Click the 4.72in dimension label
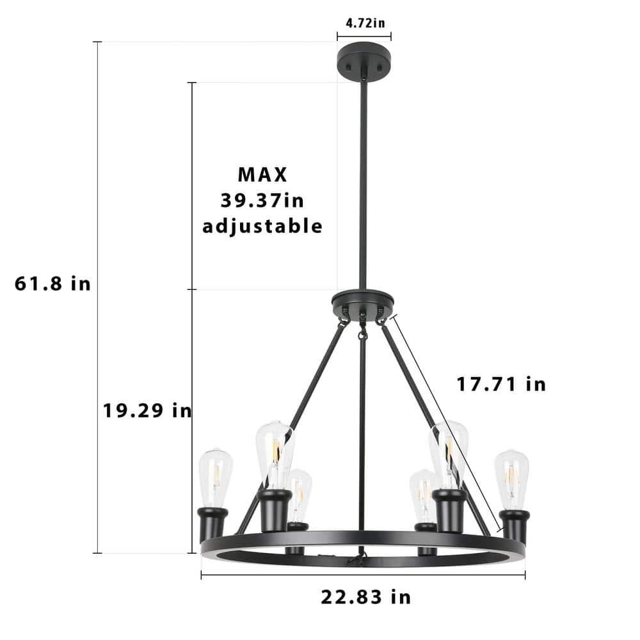[365, 24]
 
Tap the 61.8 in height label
[52, 284]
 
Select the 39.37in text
[262, 200]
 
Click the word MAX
[262, 174]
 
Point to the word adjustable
[262, 226]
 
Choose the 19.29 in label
[147, 410]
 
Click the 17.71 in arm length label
[501, 384]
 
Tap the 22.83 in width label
[365, 597]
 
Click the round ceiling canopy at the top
[364, 61]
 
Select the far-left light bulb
[214, 477]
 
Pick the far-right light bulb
[511, 479]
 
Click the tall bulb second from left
[275, 453]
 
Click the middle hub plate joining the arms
[362, 300]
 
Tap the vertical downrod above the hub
[364, 186]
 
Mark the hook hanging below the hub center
[363, 334]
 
